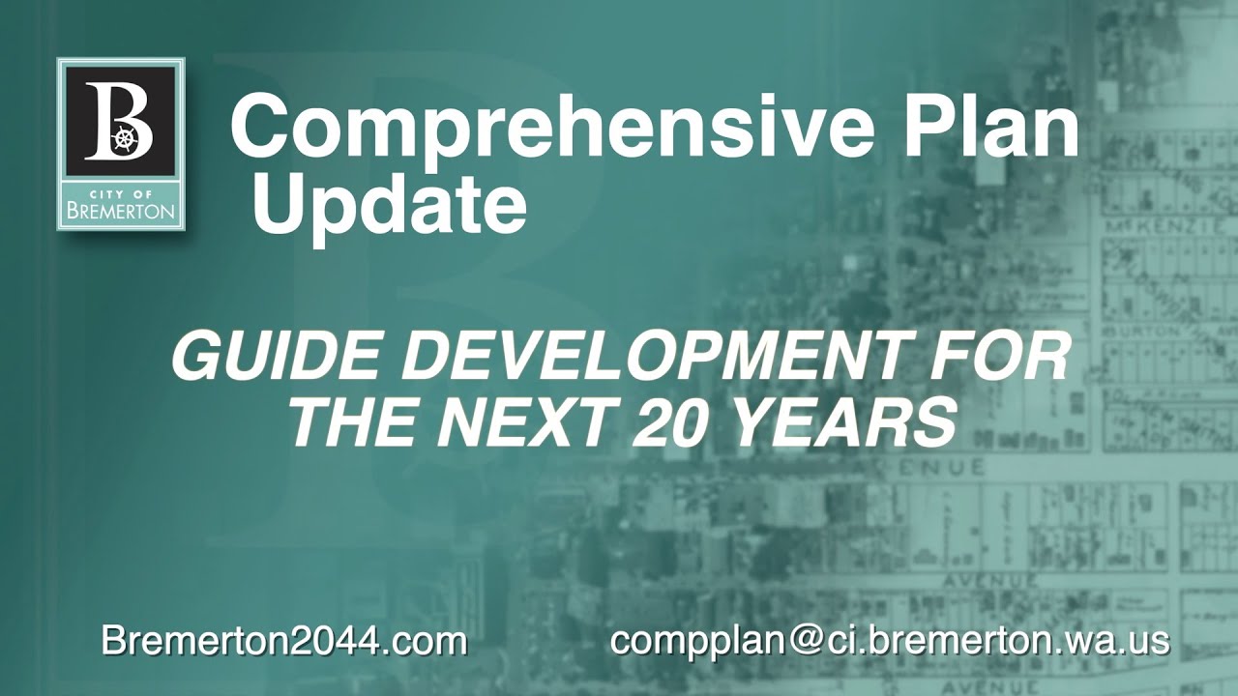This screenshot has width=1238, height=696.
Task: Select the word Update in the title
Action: click(389, 206)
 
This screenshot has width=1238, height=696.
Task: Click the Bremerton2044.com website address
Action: click(284, 641)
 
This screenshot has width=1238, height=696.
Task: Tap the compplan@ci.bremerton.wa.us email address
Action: click(890, 641)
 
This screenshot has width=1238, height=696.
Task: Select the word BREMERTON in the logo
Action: click(120, 210)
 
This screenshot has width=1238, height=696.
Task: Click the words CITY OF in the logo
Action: click(120, 191)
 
